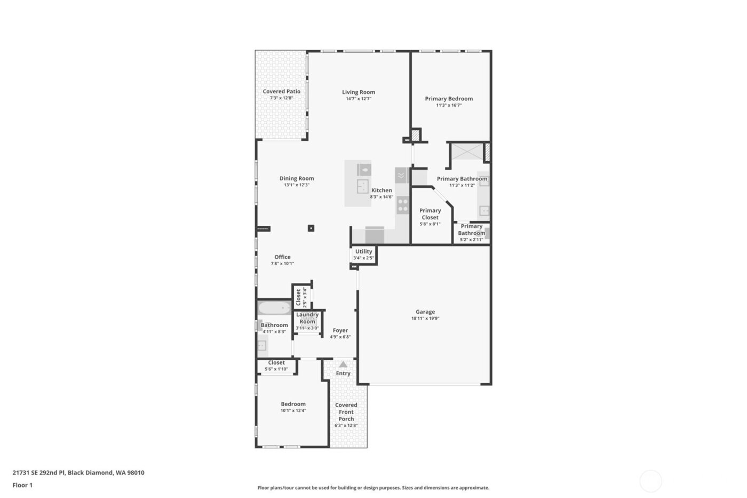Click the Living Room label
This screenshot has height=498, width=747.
pos(359,92)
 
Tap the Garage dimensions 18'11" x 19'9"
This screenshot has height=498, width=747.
pos(425,319)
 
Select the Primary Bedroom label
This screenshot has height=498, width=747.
pos(449,98)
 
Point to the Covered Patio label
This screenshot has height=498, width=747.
pos(281,91)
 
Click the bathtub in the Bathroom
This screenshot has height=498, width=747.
pos(274,309)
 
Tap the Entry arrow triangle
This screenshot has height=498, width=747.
pos(343,365)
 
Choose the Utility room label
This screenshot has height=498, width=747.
pos(363,251)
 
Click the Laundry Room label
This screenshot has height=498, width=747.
pos(307,318)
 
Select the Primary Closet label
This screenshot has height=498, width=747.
pos(430,214)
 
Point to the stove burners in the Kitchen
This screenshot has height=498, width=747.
pos(402,205)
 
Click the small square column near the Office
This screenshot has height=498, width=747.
pos(311,228)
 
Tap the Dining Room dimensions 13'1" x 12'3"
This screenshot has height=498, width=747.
pos(297,185)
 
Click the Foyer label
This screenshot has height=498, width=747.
pos(340,330)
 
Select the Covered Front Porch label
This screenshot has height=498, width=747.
pos(346,412)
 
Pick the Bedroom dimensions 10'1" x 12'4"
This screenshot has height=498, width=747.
pos(293,410)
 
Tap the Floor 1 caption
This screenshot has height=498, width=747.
pos(22,485)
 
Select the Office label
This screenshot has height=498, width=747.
pos(282,257)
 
